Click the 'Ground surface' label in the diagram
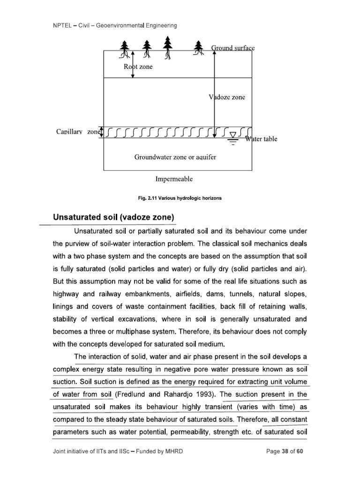click(x=232, y=48)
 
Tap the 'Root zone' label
click(x=138, y=67)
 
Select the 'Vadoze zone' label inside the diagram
click(x=227, y=97)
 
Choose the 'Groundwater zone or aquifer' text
click(x=175, y=157)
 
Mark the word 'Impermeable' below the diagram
click(x=173, y=179)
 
